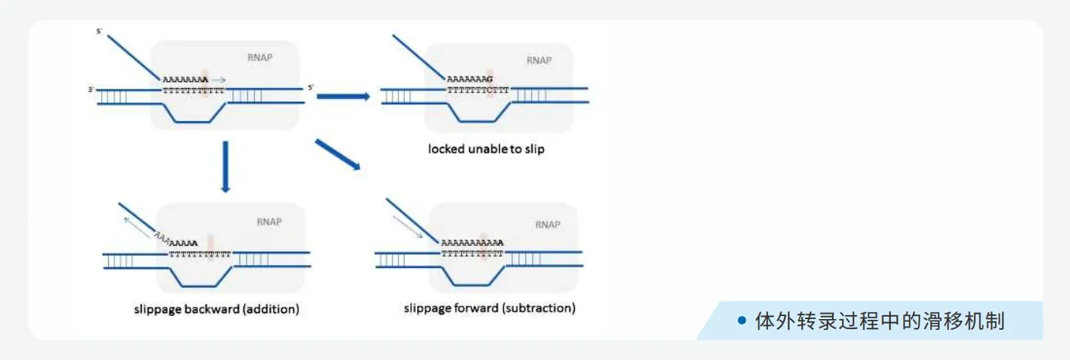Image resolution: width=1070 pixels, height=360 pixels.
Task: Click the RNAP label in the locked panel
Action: [x=538, y=60]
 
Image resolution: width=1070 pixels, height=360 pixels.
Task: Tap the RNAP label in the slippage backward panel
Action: [x=269, y=222]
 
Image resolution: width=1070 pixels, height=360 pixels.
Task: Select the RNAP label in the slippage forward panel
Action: [x=547, y=224]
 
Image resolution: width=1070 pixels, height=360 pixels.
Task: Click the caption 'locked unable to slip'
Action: [x=486, y=149]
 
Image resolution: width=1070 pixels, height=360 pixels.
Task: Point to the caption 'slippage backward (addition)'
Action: [x=216, y=309]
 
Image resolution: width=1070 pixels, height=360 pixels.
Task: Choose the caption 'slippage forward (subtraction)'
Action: [x=489, y=308]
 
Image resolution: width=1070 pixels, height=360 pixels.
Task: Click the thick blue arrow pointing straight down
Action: [x=225, y=166]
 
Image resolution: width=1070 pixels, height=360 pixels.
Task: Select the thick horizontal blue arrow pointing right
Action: [x=344, y=96]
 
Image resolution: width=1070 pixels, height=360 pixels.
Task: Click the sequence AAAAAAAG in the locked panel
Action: [x=469, y=80]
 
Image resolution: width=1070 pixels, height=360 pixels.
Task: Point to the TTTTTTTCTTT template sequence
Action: [x=478, y=90]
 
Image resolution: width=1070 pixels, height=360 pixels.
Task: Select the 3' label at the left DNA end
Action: [x=91, y=90]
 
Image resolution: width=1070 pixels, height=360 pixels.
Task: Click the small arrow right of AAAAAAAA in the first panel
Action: [x=219, y=79]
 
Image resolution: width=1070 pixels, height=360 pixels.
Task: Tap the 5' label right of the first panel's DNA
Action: [x=311, y=87]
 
